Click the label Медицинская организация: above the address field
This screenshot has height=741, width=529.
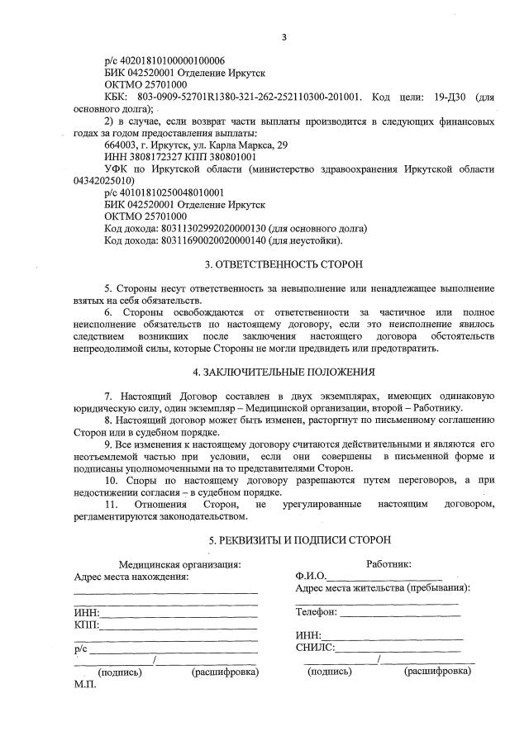[179, 564]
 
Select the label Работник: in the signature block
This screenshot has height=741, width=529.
[388, 564]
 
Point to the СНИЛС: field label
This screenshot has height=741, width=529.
[315, 648]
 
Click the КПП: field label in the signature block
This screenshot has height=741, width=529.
[86, 625]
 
